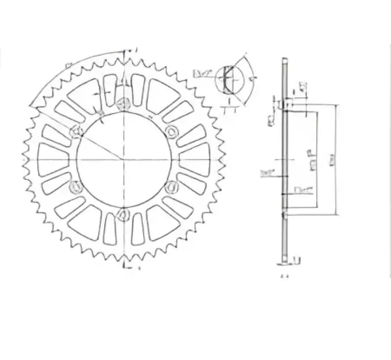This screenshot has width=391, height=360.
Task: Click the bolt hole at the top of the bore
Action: coord(124,103)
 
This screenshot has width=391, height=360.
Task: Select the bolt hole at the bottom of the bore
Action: coord(124,213)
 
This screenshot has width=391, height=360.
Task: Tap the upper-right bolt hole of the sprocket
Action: coord(172,131)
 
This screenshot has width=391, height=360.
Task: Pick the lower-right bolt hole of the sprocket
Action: coord(172,187)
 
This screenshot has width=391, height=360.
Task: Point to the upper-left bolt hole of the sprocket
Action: coord(76,131)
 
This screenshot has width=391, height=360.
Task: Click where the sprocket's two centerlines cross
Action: coord(124,159)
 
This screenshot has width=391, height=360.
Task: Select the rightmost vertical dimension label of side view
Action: coord(332,160)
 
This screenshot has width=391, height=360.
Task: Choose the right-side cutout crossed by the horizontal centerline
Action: coord(195,159)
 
